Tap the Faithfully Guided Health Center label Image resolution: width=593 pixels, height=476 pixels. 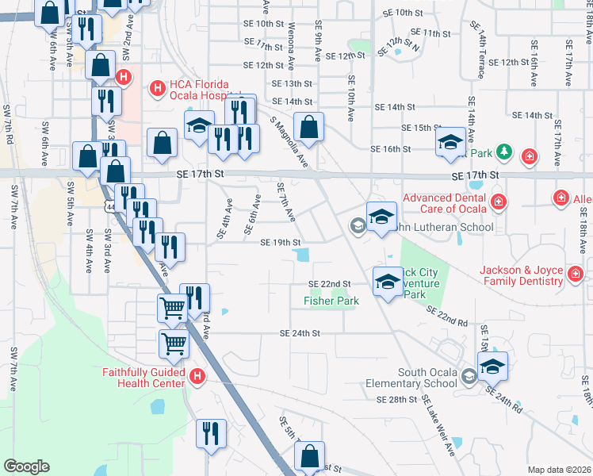[143, 377]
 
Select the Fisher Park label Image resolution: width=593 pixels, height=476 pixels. [331, 301]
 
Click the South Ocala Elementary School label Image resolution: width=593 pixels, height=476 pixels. [427, 378]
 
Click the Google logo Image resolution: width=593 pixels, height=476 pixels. [27, 466]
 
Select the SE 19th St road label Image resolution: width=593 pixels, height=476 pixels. [281, 243]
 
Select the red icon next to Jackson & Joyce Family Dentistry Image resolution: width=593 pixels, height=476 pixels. [575, 275]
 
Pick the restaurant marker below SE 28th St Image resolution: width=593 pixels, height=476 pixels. [211, 436]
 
